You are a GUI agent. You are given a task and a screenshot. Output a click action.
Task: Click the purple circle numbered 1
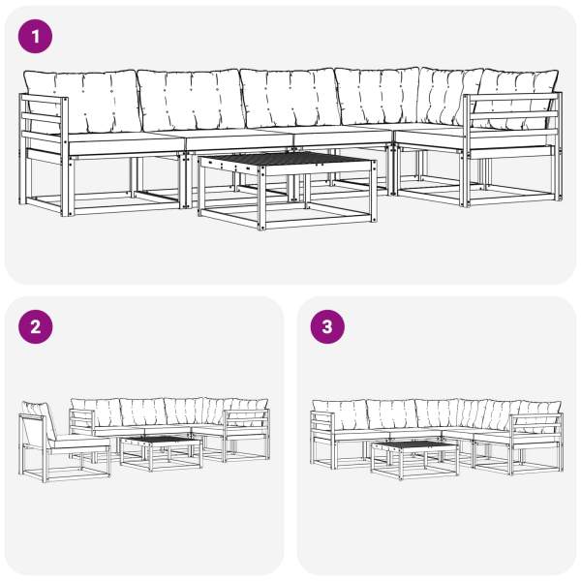[35, 37]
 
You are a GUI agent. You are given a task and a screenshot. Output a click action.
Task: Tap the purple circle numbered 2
[36, 327]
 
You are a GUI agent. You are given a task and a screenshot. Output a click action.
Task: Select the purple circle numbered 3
[327, 327]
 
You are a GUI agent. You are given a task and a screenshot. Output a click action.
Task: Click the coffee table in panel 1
[288, 190]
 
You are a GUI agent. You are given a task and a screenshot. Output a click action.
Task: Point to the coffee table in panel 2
[161, 453]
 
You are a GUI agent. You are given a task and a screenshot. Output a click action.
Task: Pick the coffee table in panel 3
[414, 459]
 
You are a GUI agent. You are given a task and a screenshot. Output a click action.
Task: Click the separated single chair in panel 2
[64, 443]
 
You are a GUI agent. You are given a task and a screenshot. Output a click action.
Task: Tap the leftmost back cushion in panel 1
[82, 102]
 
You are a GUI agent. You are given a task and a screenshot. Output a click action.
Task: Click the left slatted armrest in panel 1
[45, 153]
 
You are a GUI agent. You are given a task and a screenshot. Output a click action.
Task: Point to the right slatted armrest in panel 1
[513, 148]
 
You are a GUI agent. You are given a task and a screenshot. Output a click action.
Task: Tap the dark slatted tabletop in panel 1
[285, 159]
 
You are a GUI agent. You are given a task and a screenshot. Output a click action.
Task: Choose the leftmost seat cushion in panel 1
[126, 143]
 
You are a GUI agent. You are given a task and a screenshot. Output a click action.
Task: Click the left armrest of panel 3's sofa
[323, 439]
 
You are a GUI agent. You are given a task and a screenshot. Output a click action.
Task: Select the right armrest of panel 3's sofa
[536, 443]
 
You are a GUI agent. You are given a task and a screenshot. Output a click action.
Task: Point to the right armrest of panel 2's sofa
[247, 435]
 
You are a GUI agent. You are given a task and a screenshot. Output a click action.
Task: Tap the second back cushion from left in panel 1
[191, 100]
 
